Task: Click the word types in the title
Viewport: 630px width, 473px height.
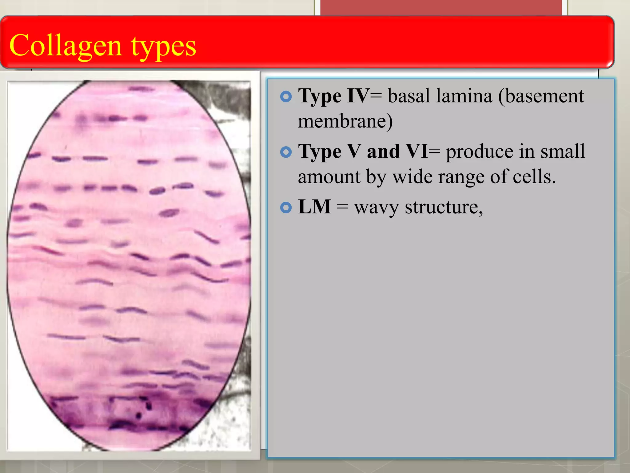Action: click(x=163, y=47)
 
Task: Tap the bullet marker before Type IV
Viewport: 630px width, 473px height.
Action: click(x=286, y=97)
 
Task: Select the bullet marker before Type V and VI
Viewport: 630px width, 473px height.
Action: click(x=286, y=152)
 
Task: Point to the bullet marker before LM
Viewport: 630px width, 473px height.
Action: click(x=286, y=208)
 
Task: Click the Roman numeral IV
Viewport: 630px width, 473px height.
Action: click(x=358, y=96)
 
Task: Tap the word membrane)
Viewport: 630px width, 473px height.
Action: click(x=345, y=121)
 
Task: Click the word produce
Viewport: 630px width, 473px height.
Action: click(x=480, y=152)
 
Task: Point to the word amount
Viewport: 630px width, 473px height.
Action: click(x=329, y=177)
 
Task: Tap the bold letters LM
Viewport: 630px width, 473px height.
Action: click(x=314, y=207)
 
